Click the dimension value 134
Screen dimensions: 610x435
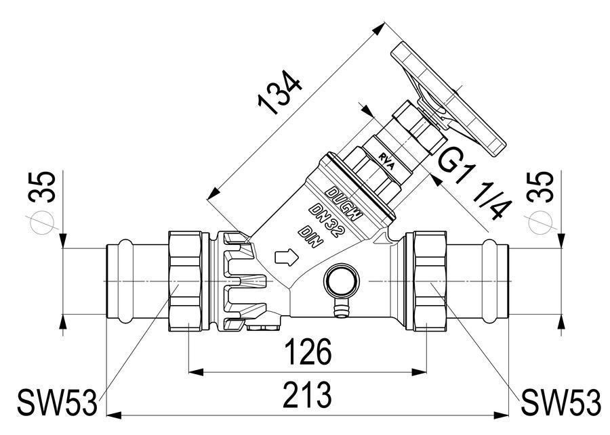pos(280,93)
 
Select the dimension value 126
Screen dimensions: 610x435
pos(308,352)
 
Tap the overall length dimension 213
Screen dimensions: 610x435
pos(307,395)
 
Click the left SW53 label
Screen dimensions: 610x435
pos(58,403)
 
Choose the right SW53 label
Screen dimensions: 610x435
pos(561,403)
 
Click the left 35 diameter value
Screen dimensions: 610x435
pos(42,187)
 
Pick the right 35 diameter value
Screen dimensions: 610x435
pos(540,187)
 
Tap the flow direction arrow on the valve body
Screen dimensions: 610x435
pos(286,257)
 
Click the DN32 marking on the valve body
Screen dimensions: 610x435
pos(327,222)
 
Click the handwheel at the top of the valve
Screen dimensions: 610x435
pos(447,99)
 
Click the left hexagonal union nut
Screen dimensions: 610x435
pos(185,281)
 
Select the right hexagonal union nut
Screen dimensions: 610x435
pos(430,281)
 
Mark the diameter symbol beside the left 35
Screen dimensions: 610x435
pos(41,223)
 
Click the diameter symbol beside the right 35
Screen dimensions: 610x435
pos(540,223)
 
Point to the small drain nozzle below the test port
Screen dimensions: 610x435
pos(342,308)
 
